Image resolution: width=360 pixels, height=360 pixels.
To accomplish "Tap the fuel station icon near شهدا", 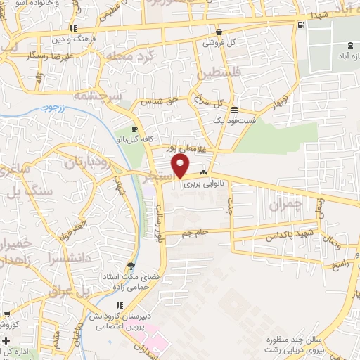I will (x=302, y=25).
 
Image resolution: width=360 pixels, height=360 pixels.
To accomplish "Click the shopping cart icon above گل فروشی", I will (x=219, y=32).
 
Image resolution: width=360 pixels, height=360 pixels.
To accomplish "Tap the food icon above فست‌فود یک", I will (x=233, y=110).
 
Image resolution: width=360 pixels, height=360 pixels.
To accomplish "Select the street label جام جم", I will (x=193, y=232).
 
